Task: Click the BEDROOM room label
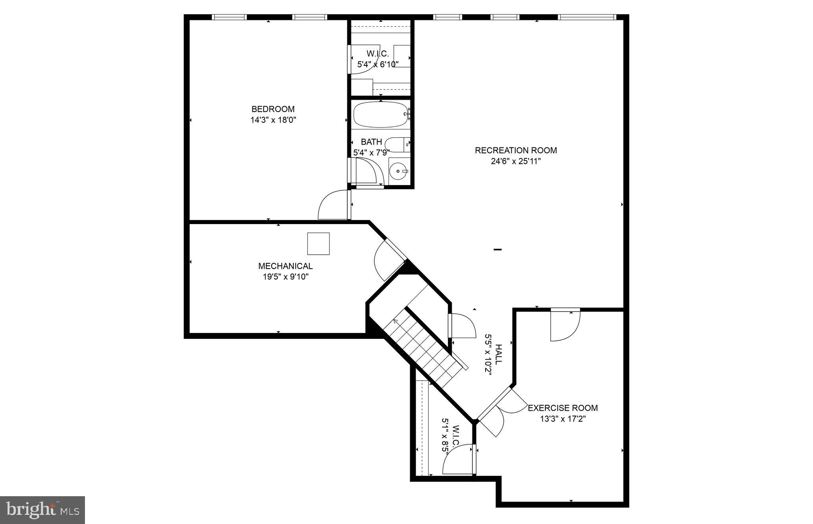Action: coord(273,109)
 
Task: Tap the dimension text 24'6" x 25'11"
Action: coord(516,161)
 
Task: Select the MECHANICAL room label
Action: coord(285,266)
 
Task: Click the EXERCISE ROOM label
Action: coord(563,408)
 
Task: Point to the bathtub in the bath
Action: coord(381,115)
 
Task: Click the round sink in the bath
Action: coord(398,171)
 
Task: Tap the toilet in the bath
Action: coord(397,144)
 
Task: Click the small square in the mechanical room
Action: coord(318,244)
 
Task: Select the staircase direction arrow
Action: coord(396,321)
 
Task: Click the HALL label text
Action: coord(499,354)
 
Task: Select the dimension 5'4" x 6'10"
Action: coord(378,64)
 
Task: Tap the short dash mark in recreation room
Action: coord(497,249)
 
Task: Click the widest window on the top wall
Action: coord(587,17)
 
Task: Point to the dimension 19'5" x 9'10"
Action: coord(285,277)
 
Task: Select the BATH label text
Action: coord(372,142)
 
